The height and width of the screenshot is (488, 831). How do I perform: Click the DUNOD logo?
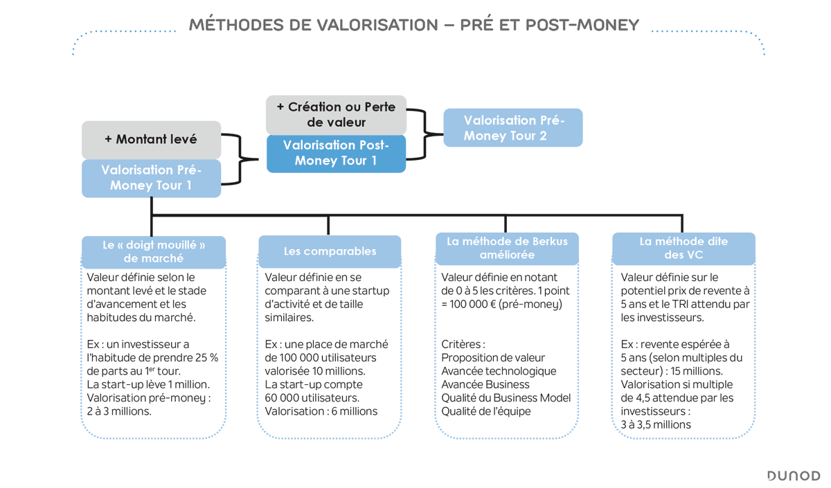tap(793, 476)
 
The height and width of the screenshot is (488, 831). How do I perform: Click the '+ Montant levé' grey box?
tap(151, 140)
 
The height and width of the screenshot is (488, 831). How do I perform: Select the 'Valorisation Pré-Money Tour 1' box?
tap(151, 178)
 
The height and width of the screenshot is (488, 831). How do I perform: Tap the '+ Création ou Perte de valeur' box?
tap(336, 115)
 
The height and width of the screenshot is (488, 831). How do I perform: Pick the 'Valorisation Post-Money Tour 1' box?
tap(336, 153)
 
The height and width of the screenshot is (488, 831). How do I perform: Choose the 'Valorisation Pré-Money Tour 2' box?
tap(513, 127)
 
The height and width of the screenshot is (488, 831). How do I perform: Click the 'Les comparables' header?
tap(330, 251)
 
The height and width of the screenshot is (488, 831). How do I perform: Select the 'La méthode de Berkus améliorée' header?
tap(507, 248)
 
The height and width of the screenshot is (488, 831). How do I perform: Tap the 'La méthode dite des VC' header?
tap(683, 248)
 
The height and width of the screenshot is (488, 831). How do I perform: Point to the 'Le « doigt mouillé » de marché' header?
tap(154, 251)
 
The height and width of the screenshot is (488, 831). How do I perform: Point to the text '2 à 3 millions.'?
tap(119, 411)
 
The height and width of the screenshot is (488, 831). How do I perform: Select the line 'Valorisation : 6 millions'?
tap(321, 411)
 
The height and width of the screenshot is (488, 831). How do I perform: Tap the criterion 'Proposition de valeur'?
tap(492, 358)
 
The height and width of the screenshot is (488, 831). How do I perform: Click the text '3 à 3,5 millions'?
tap(655, 424)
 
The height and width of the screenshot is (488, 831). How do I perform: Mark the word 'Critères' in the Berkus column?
tap(463, 344)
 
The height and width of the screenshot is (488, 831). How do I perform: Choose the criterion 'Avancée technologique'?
tap(499, 371)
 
